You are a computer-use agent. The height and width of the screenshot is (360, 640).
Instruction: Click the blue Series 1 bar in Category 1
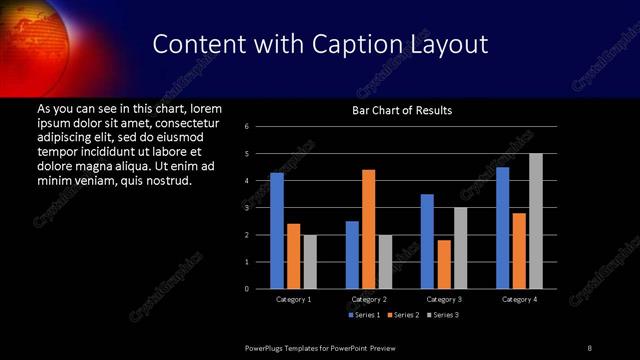[277, 231]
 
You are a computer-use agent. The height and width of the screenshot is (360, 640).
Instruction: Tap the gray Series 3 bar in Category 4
[536, 221]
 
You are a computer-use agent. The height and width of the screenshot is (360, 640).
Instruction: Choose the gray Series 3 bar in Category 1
[310, 262]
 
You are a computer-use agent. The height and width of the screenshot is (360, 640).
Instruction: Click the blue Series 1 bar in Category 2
[352, 255]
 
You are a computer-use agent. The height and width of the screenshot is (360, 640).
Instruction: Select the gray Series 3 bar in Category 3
[461, 248]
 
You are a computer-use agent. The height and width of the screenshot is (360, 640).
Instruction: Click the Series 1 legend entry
[365, 315]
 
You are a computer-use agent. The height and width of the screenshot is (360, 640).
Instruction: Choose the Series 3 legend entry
[444, 315]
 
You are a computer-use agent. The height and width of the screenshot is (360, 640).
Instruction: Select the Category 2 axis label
[369, 299]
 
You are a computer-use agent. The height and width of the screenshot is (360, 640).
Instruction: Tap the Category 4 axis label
[519, 299]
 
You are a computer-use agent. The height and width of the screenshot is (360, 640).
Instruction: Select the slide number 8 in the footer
[589, 348]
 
